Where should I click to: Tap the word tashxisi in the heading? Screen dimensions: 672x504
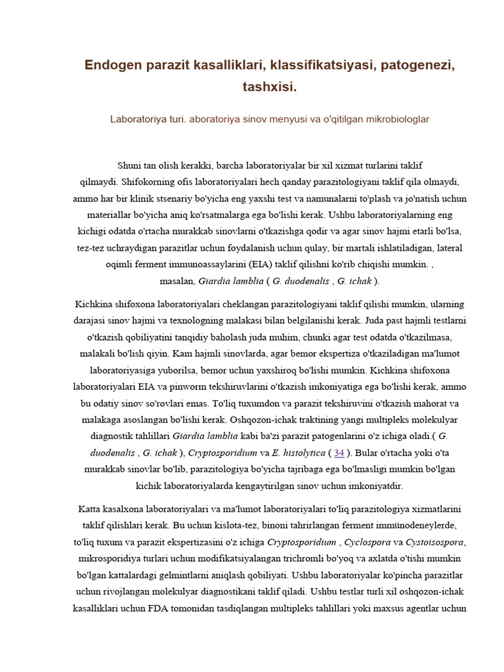click(x=269, y=87)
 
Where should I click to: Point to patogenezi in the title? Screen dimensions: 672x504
click(x=418, y=66)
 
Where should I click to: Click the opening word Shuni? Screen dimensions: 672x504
click(x=129, y=165)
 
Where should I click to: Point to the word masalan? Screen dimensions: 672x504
click(x=178, y=281)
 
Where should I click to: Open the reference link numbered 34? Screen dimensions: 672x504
click(x=339, y=453)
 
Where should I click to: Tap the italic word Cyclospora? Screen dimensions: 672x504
click(x=368, y=542)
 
